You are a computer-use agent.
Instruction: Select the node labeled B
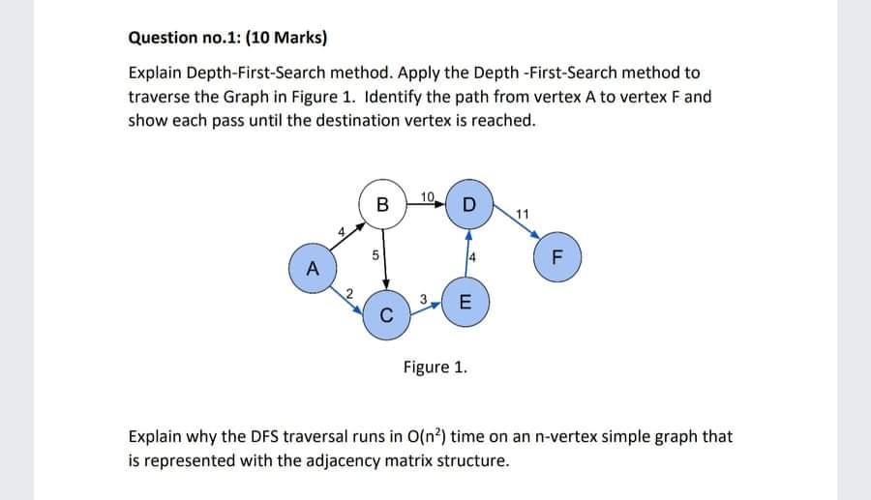click(x=382, y=204)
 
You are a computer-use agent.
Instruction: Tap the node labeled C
click(x=386, y=314)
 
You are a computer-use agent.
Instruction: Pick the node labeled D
click(x=469, y=204)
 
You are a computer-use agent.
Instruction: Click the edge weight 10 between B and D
click(x=428, y=197)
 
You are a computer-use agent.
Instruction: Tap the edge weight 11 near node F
click(x=523, y=213)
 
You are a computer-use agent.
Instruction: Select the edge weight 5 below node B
click(x=375, y=257)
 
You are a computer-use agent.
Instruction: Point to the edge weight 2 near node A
click(x=350, y=293)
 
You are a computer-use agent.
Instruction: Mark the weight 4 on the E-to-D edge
click(x=470, y=257)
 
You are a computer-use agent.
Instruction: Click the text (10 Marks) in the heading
click(x=286, y=39)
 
